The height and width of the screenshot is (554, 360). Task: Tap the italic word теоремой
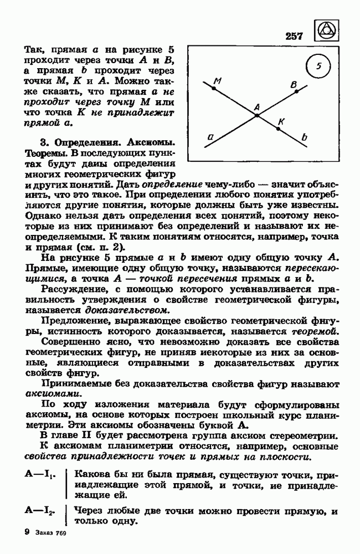[x=314, y=331]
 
